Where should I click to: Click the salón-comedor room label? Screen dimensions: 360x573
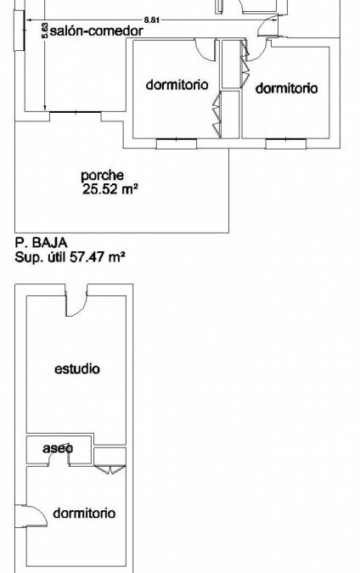96,31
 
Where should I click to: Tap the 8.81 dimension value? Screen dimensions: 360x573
152,20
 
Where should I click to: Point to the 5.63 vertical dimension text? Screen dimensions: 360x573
45,31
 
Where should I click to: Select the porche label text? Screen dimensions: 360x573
103,176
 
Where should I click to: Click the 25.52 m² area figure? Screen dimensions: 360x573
110,189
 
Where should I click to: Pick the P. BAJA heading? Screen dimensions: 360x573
41,243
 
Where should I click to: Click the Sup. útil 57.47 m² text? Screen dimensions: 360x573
70,257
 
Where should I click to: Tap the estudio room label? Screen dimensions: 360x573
77,368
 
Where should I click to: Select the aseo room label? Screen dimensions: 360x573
58,448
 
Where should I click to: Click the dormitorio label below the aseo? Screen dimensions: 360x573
84,513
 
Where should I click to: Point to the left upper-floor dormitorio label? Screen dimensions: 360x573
177,85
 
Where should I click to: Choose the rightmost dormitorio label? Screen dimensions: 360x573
286,88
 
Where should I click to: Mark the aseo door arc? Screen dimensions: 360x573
59,458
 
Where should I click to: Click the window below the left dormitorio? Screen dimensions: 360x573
177,143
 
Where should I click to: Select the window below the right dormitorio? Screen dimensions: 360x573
286,143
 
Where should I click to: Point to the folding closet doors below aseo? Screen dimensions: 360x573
110,469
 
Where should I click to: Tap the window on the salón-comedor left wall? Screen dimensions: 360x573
19,31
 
